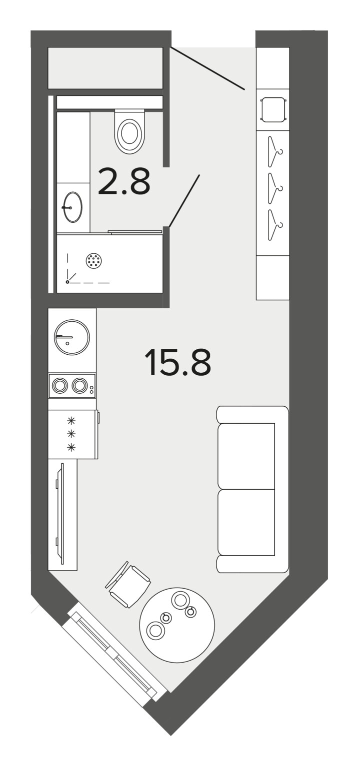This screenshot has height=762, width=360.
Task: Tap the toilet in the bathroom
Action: [x=129, y=131]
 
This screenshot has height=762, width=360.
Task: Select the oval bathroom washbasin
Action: [x=73, y=207]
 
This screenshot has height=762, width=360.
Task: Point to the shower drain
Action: [x=93, y=261]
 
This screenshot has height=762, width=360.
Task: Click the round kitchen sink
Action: [x=72, y=337]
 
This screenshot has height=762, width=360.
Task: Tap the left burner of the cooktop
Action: [x=60, y=386]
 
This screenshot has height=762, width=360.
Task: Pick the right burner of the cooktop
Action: [x=79, y=386]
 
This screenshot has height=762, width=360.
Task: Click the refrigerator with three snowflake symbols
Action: [x=73, y=434]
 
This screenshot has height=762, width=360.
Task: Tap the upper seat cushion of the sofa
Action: [x=246, y=456]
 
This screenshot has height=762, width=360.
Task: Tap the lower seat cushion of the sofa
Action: [x=246, y=522]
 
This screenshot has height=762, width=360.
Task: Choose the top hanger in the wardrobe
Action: [x=275, y=152]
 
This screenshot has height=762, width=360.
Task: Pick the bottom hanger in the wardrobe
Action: [x=275, y=225]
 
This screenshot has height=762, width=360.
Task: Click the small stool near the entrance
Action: [x=273, y=109]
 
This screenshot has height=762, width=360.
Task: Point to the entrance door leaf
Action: [x=207, y=68]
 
